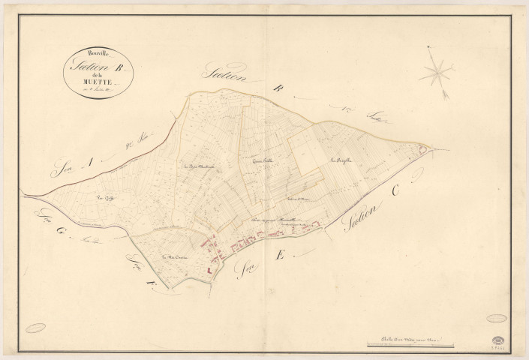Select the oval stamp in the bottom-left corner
(x=35, y=327)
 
